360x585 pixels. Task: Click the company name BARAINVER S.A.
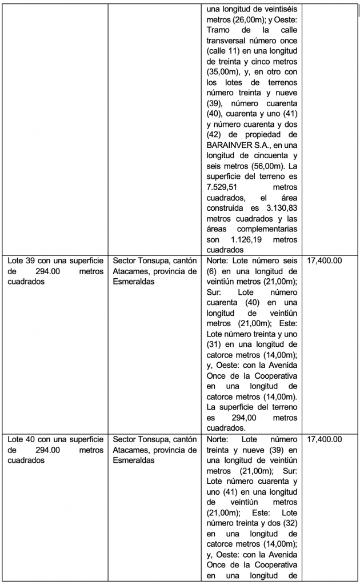tap(234, 145)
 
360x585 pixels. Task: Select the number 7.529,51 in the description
tap(225, 187)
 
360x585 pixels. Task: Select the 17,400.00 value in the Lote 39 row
tap(325, 260)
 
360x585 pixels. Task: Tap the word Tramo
tap(220, 30)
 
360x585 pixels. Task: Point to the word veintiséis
tap(276, 9)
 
